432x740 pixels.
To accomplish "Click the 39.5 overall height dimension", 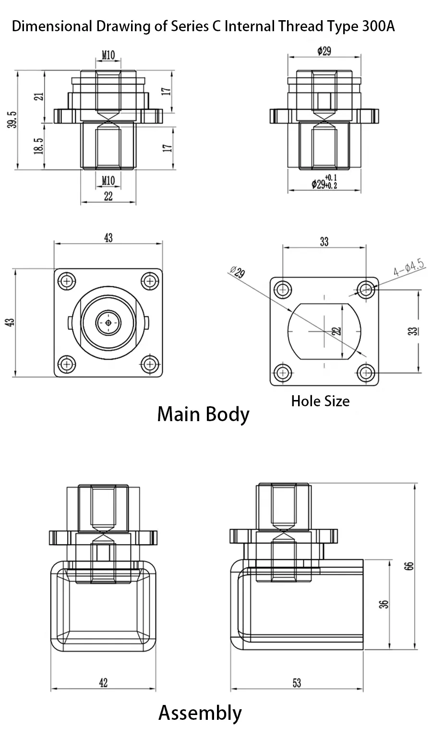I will tap(12, 120).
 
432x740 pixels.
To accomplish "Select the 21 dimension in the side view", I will tap(40, 96).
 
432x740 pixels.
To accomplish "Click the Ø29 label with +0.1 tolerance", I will tap(324, 182).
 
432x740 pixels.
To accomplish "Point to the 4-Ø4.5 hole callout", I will tap(409, 268).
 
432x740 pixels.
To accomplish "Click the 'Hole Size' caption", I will tap(320, 401).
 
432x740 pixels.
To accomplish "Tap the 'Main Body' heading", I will tap(203, 414).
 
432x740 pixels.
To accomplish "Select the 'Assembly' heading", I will tap(200, 713).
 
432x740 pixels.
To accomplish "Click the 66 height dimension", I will tap(409, 565).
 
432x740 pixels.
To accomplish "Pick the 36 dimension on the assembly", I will tap(384, 604).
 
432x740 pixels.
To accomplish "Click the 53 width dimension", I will tap(297, 682).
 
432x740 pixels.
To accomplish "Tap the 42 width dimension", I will tap(103, 682).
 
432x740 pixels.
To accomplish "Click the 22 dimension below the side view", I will tap(108, 196).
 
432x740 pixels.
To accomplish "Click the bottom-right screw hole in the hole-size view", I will tap(366, 372).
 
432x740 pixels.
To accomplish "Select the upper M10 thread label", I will tap(108, 55).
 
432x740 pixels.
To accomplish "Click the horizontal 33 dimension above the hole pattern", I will tap(324, 242).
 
